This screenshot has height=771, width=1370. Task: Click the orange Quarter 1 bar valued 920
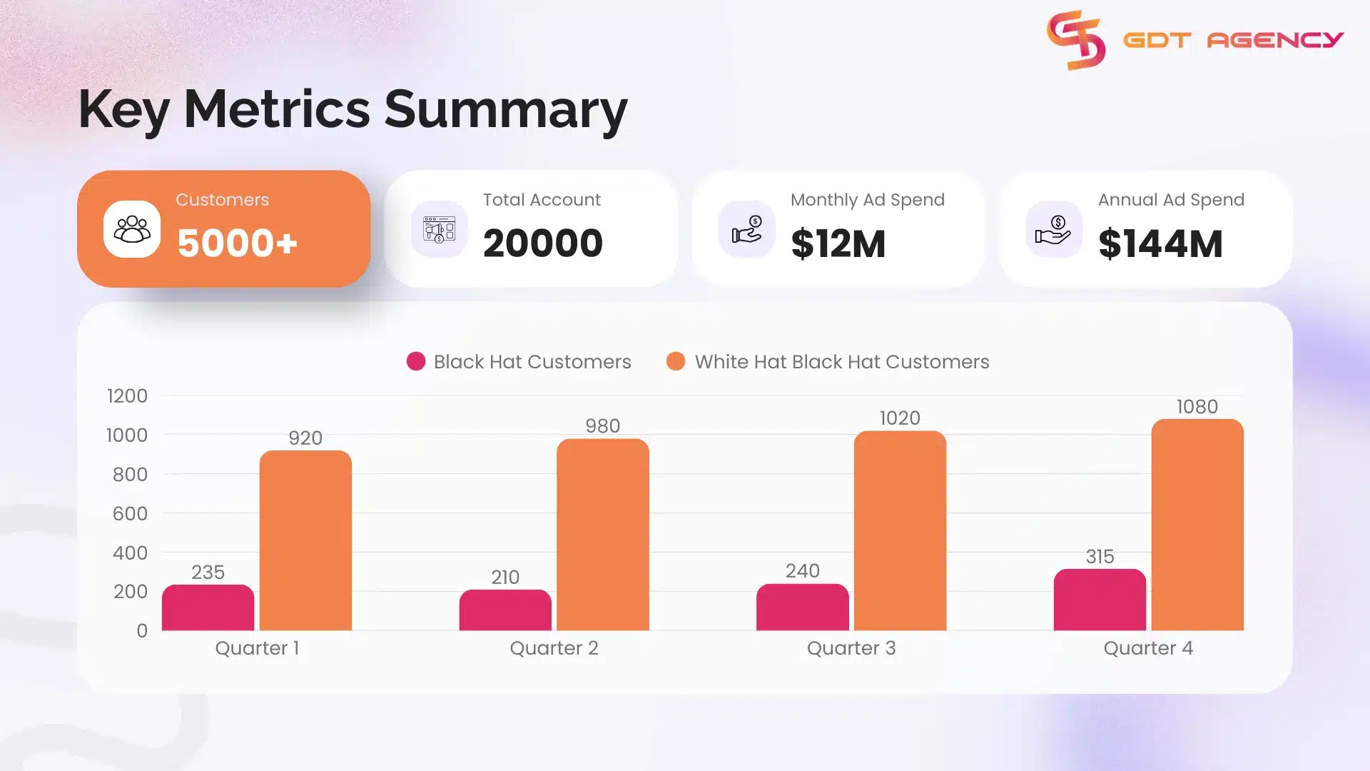tap(305, 540)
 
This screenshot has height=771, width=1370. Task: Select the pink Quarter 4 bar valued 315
tap(1100, 600)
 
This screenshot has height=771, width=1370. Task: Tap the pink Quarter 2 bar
tap(505, 610)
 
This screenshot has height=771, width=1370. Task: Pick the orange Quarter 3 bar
tap(900, 530)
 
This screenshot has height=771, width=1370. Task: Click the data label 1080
tap(1197, 407)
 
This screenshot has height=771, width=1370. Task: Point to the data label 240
tap(802, 571)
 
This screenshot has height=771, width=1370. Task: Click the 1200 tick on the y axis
tap(127, 396)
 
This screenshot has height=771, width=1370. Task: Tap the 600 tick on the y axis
tap(130, 514)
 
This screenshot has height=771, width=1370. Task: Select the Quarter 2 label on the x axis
tap(554, 648)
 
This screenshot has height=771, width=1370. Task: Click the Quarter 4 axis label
tap(1147, 648)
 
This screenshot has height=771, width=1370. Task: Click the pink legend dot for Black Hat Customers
tap(416, 362)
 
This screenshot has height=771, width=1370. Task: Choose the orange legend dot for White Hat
tap(676, 362)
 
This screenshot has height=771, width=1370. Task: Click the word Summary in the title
tap(506, 109)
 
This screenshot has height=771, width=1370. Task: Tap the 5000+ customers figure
tap(237, 243)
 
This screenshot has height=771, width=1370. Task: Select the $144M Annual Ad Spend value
tap(1160, 243)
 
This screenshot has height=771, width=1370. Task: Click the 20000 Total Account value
tap(542, 243)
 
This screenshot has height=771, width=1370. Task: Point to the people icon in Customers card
tap(132, 229)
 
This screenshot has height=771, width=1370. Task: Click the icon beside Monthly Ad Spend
tap(747, 229)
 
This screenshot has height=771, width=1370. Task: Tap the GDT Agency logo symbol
tap(1076, 40)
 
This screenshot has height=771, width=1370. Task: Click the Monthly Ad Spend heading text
tap(867, 200)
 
